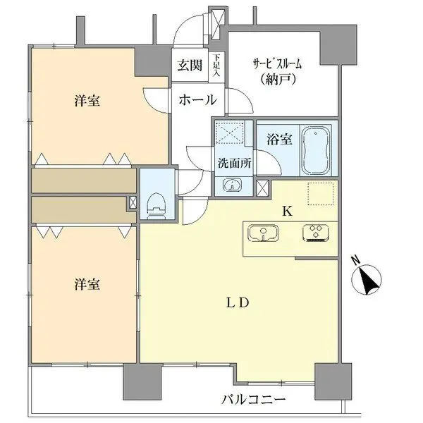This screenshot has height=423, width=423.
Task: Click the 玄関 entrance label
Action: pyautogui.click(x=189, y=66)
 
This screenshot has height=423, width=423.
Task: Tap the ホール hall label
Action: pyautogui.click(x=197, y=100)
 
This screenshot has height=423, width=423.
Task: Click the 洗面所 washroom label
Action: pyautogui.click(x=233, y=161)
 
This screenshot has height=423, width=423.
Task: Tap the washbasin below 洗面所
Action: pyautogui.click(x=232, y=185)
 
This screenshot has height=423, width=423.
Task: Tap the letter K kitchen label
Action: pyautogui.click(x=287, y=210)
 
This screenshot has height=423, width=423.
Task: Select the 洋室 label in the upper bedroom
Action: pyautogui.click(x=87, y=101)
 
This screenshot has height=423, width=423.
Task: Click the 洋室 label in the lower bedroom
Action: pyautogui.click(x=87, y=285)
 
